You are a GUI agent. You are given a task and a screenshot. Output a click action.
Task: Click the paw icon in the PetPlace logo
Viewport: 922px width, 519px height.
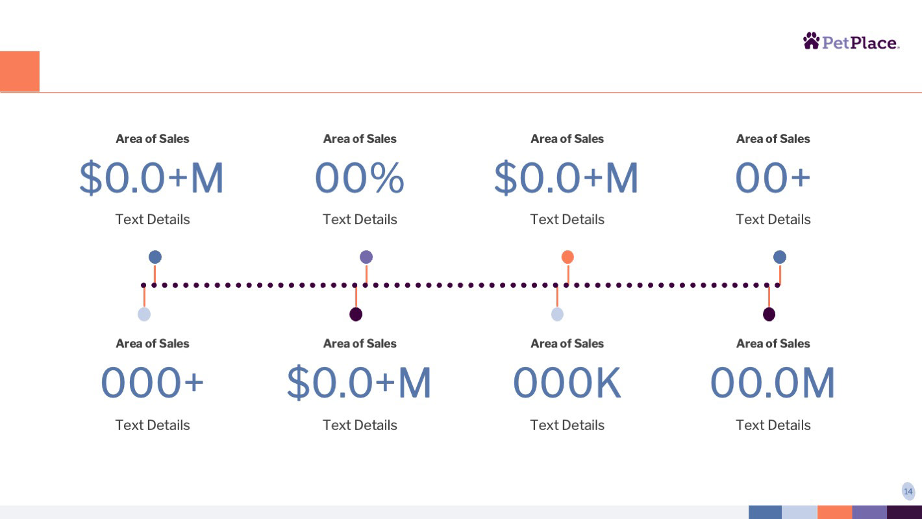click(x=811, y=41)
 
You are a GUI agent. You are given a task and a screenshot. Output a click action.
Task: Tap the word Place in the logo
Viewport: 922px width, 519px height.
click(x=873, y=43)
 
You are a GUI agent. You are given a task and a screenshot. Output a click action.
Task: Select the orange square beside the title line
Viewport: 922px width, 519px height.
click(x=19, y=71)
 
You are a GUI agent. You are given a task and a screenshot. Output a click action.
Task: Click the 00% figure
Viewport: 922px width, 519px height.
click(x=360, y=178)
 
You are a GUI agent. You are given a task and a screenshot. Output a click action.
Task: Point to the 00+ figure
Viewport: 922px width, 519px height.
click(x=773, y=178)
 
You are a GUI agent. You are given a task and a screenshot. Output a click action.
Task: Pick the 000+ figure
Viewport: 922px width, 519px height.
click(x=153, y=383)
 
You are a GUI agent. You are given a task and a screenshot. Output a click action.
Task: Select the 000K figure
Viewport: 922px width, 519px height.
click(x=567, y=383)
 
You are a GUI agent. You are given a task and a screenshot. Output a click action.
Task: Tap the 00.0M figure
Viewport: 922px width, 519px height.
click(x=773, y=383)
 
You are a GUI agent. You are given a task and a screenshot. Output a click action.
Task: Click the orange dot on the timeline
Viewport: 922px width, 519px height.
click(x=567, y=257)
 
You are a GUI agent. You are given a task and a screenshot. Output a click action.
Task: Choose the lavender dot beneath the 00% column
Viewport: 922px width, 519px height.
click(x=366, y=257)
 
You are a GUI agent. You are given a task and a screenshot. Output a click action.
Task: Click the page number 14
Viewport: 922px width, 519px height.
click(x=908, y=492)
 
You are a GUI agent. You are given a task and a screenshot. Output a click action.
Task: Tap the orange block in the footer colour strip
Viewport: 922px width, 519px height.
click(x=834, y=513)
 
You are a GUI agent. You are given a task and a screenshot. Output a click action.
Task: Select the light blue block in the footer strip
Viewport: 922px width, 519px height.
click(x=799, y=513)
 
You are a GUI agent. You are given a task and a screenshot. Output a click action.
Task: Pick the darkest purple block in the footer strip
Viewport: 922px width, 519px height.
click(x=904, y=513)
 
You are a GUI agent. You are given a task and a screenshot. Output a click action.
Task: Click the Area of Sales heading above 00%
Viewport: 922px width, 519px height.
click(x=360, y=139)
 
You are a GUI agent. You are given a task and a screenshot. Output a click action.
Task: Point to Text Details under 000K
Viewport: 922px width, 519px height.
click(x=567, y=425)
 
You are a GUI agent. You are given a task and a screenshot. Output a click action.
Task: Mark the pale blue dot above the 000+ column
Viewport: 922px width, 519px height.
click(x=144, y=314)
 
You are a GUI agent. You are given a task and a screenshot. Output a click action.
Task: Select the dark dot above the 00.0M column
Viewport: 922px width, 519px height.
click(x=769, y=314)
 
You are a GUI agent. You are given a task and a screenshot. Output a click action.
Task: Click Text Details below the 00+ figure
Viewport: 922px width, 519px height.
click(x=773, y=220)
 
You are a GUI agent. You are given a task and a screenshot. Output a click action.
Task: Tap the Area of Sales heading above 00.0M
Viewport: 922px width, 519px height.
click(x=773, y=344)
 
